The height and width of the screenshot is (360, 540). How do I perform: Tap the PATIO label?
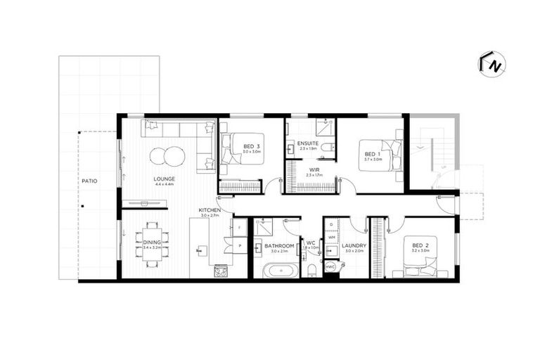(89, 181)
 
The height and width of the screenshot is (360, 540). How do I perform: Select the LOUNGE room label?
(165, 179)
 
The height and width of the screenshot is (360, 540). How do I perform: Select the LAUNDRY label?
(354, 245)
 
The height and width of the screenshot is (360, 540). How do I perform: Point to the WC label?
(310, 243)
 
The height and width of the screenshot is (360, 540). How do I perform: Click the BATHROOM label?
(278, 245)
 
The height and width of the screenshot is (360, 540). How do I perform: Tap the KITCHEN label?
(210, 210)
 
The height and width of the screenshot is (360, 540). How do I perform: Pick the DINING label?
(152, 243)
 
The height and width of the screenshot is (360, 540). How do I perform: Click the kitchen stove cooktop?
(220, 270)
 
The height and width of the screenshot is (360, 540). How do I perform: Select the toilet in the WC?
(310, 271)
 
